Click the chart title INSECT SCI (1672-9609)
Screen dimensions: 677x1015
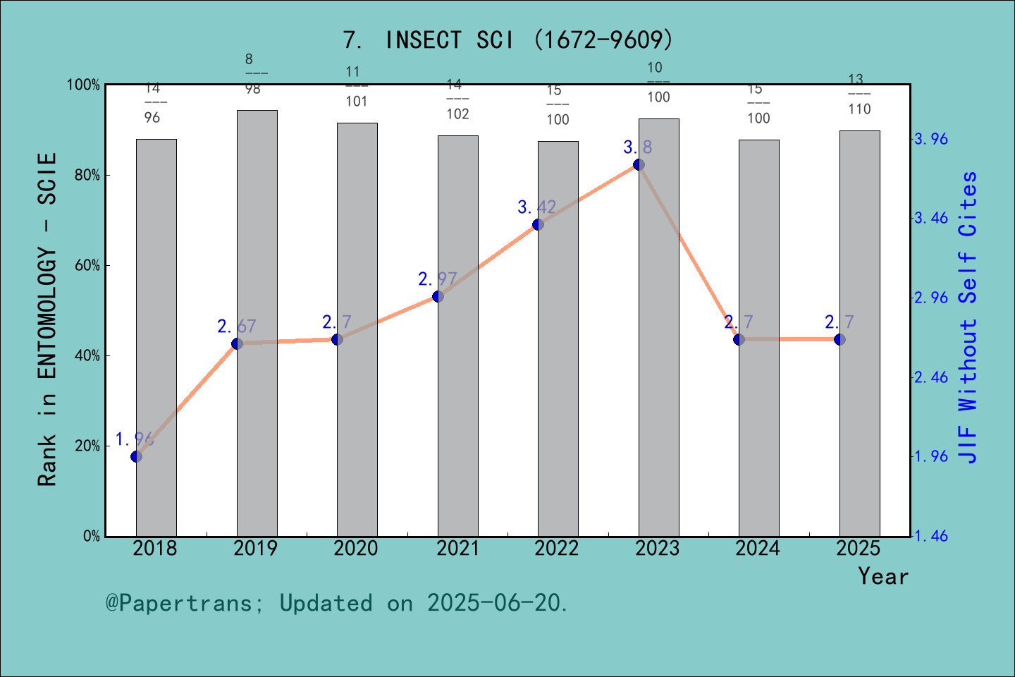508,40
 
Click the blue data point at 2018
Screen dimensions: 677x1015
137,456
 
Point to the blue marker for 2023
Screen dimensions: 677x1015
639,164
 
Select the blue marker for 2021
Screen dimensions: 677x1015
438,296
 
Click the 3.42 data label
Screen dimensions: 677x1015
536,207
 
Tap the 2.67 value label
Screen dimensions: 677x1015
236,327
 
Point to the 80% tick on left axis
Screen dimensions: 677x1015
87,176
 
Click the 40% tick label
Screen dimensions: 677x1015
87,356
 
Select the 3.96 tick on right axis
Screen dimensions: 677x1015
931,139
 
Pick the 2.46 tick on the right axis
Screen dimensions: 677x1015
931,377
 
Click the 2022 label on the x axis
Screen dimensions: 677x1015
557,549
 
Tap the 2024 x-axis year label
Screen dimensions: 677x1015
758,549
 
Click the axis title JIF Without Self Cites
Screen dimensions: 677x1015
968,317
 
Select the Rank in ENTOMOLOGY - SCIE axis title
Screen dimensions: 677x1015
47,319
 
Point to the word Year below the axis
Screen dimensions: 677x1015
883,576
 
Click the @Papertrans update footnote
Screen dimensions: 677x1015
337,603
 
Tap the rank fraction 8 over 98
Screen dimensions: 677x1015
253,74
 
